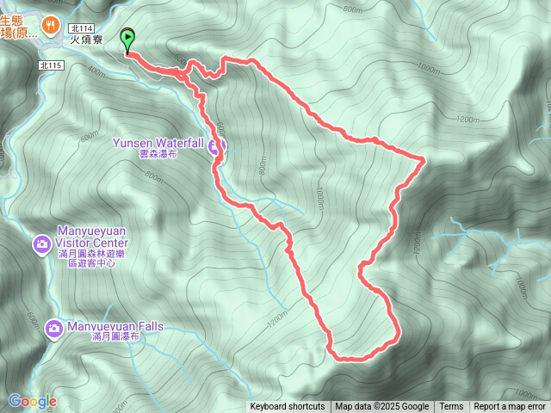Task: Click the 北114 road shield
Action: [x=82, y=28]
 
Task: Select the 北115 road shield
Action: [x=53, y=65]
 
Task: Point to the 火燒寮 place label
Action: [x=86, y=39]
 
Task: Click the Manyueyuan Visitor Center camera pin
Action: [x=41, y=246]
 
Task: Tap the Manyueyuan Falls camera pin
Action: [x=54, y=328]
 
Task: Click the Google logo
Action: [x=32, y=401]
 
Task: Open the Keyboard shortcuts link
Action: [x=288, y=407]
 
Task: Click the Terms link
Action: [x=451, y=407]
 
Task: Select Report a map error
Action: [x=510, y=407]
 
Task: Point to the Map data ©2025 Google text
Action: [x=381, y=407]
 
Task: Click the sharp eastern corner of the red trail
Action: [x=424, y=159]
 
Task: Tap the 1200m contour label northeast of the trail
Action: [x=467, y=119]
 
